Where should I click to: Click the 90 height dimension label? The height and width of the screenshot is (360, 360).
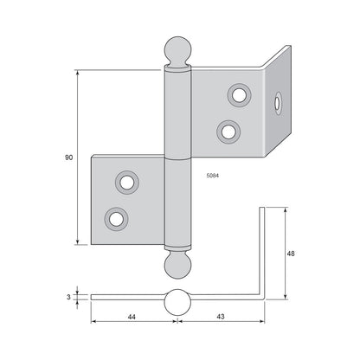coord(69,157)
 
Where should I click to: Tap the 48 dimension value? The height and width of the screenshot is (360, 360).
coord(291,254)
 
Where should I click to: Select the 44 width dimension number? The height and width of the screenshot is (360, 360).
coord(132,317)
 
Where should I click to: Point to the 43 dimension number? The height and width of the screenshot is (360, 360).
coord(221,317)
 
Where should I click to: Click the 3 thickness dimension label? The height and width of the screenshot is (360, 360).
coord(68,297)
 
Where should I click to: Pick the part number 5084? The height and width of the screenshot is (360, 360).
coord(213,175)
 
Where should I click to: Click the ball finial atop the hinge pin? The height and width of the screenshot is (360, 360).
coord(177,49)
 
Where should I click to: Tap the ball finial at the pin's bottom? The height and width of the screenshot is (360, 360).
coord(178,266)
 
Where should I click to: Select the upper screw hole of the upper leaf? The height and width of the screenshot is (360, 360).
coord(239,95)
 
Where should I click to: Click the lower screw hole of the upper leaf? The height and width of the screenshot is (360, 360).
coord(228,132)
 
